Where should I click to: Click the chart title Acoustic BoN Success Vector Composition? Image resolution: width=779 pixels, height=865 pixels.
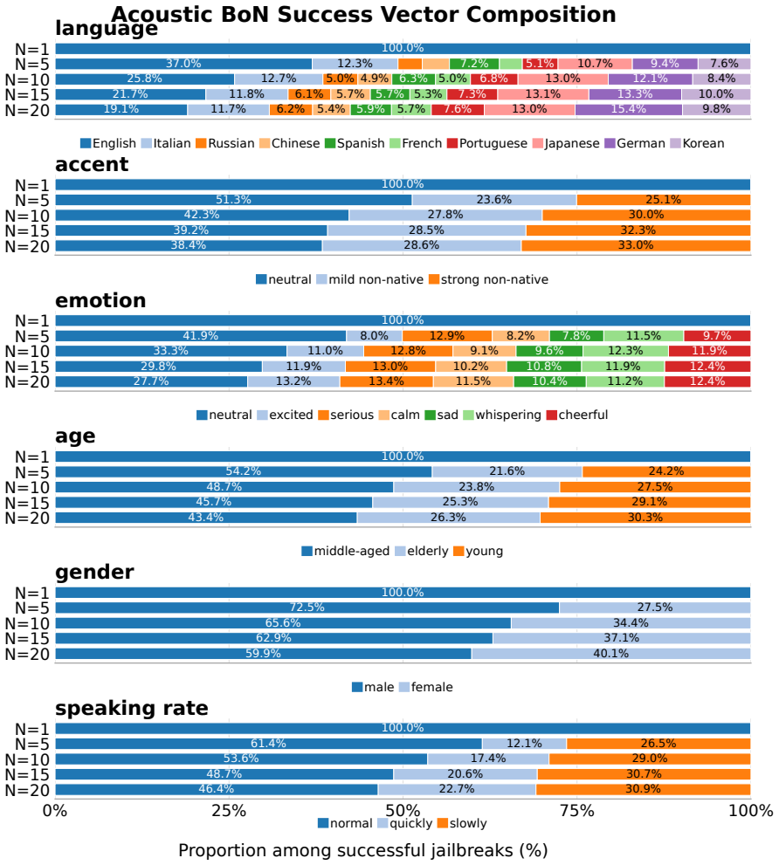(363, 14)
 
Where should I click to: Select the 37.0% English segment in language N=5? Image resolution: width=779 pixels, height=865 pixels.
(184, 64)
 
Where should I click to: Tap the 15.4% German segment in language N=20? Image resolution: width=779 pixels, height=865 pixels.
(629, 109)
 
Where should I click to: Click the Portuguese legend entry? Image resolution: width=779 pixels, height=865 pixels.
(487, 143)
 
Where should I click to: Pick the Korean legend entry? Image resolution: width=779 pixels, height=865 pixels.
(697, 143)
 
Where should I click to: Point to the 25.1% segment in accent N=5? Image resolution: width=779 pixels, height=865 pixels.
(664, 200)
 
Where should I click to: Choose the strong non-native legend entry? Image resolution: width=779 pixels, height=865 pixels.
(488, 279)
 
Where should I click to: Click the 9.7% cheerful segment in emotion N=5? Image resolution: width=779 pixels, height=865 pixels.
(717, 335)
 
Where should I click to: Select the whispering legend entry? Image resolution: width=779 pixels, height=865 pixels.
(502, 415)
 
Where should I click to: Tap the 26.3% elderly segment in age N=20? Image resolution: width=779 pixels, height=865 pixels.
(448, 518)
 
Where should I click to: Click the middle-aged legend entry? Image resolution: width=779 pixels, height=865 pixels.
(346, 551)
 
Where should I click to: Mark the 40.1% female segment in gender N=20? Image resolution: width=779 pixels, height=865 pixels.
(611, 654)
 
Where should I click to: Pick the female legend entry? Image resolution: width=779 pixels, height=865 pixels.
(425, 687)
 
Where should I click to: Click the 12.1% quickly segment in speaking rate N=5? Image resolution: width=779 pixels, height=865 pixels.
(525, 744)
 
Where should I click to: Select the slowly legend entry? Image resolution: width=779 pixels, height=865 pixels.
(462, 824)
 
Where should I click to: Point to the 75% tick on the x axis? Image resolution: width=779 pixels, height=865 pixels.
(577, 810)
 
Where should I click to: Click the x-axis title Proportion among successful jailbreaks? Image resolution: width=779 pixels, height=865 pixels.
(362, 850)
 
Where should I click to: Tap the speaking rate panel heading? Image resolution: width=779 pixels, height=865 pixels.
(132, 709)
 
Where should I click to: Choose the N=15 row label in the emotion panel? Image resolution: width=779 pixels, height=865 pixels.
(27, 367)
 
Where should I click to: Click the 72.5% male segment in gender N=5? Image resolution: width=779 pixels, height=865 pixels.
(307, 608)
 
